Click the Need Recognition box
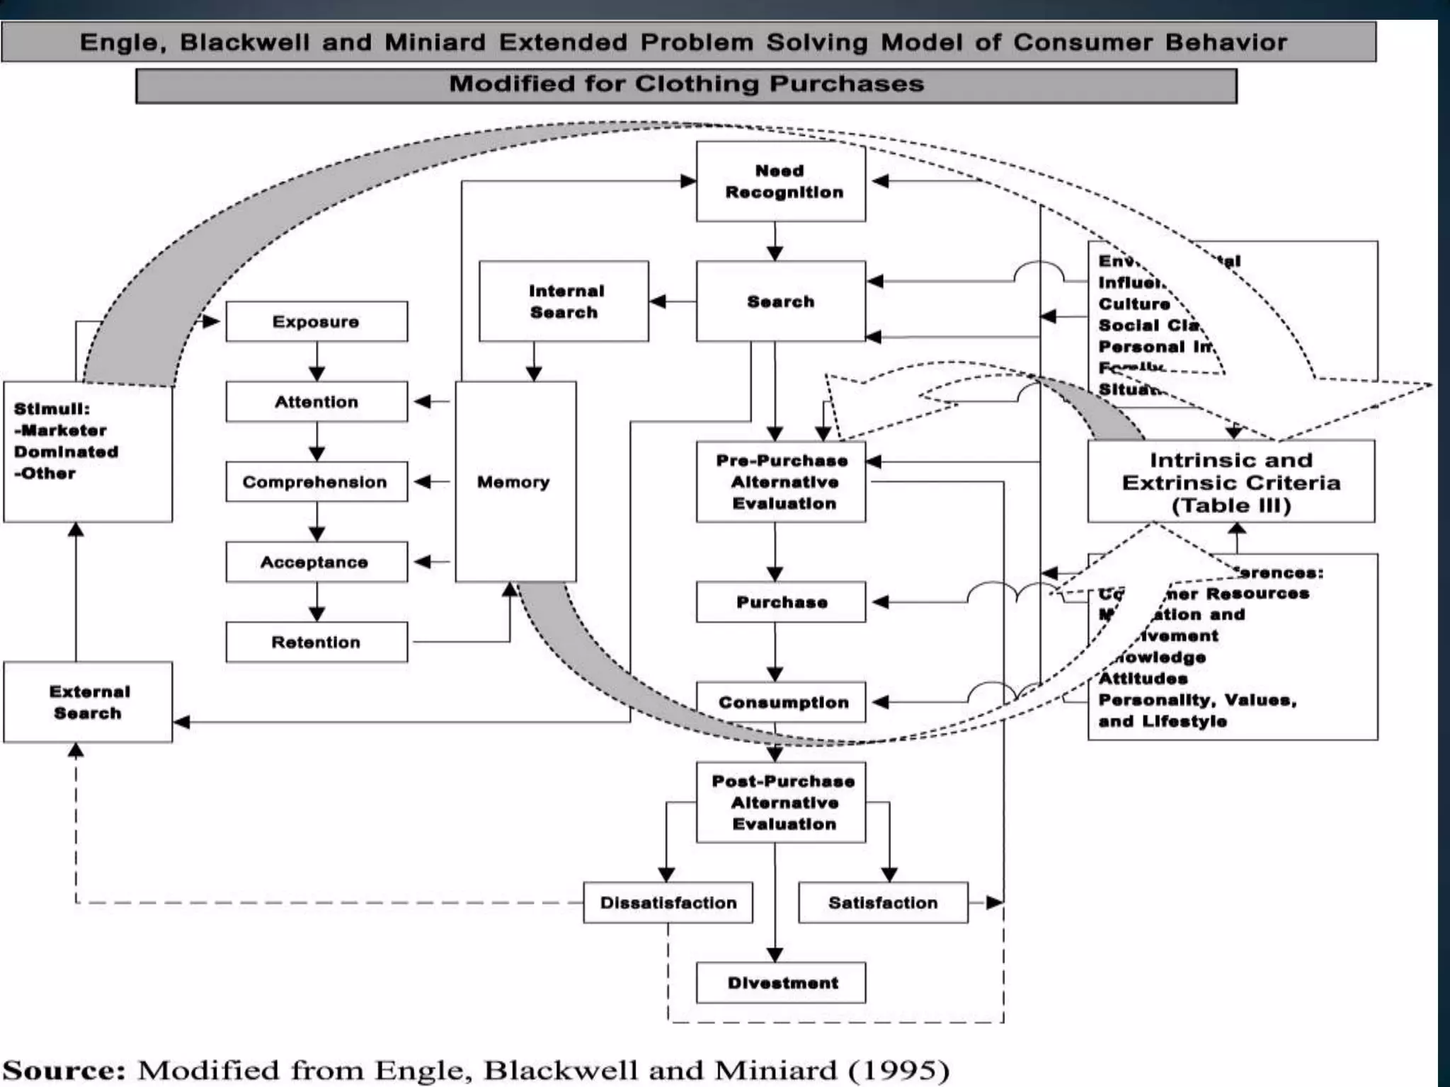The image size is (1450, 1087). (x=780, y=182)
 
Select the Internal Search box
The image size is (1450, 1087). (x=564, y=301)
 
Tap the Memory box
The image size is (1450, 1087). (x=515, y=482)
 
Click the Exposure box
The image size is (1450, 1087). (x=316, y=322)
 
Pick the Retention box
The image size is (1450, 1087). (x=316, y=643)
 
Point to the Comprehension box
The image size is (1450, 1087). (x=316, y=482)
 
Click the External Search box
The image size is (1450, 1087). (x=88, y=702)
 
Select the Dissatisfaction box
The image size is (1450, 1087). (x=668, y=903)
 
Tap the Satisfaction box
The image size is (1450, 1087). (x=883, y=903)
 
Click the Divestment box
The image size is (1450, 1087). (x=781, y=983)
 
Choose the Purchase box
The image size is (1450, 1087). (x=781, y=602)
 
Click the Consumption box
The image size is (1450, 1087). (x=781, y=702)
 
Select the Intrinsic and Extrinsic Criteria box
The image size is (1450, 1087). (x=1231, y=483)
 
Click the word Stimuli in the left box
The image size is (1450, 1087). (x=52, y=409)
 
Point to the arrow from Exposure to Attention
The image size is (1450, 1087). (x=316, y=362)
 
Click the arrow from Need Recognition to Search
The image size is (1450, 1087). (x=775, y=241)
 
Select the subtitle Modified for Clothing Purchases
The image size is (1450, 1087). (x=686, y=84)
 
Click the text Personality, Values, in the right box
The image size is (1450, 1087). (x=1197, y=700)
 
